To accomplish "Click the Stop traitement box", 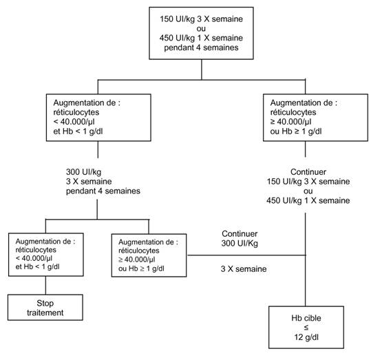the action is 45,308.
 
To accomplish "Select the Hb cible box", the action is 306,328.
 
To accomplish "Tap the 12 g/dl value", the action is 306,337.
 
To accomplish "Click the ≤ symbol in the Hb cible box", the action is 306,328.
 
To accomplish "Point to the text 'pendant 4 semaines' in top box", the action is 201,47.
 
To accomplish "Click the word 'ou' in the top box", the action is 201,29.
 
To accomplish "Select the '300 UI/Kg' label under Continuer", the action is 240,243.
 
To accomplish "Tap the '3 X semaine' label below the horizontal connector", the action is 244,269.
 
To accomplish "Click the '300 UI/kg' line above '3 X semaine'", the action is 83,172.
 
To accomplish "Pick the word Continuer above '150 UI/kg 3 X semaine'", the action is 308,172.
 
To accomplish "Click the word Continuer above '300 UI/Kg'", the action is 240,234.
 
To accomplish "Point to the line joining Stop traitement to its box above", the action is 45,285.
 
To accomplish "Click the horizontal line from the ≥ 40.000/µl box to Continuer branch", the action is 246,255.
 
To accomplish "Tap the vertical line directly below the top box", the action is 202,70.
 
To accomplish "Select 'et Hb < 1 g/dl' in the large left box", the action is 78,131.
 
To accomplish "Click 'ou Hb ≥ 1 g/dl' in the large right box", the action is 296,131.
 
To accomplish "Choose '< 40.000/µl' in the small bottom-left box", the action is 34,258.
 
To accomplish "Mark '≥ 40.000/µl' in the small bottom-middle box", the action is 137,260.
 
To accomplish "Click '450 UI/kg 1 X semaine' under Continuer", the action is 308,200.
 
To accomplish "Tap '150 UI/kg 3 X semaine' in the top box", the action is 201,19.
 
